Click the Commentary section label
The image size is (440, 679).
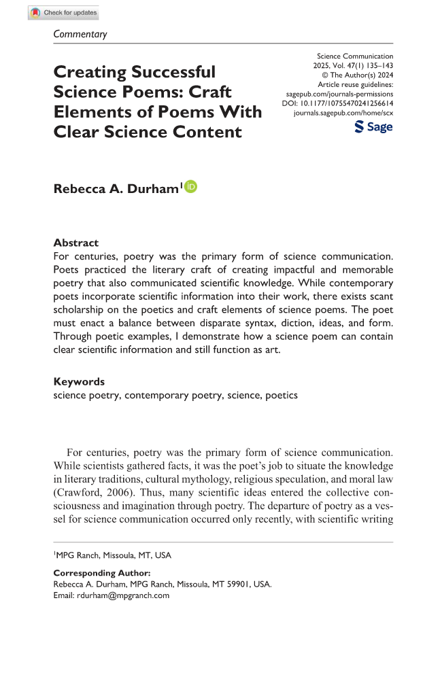click(80, 34)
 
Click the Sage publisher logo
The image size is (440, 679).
click(373, 127)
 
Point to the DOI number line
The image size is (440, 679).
click(337, 104)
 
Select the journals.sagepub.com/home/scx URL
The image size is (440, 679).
click(343, 114)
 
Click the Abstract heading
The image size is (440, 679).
click(75, 243)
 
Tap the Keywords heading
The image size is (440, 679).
click(79, 381)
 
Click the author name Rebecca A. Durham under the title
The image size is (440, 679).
click(116, 188)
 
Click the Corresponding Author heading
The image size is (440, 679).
click(101, 573)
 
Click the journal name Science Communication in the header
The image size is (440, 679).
click(354, 56)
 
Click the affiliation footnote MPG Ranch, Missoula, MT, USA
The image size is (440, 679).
click(113, 555)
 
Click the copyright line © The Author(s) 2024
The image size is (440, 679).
click(357, 75)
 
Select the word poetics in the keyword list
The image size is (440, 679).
click(281, 395)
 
